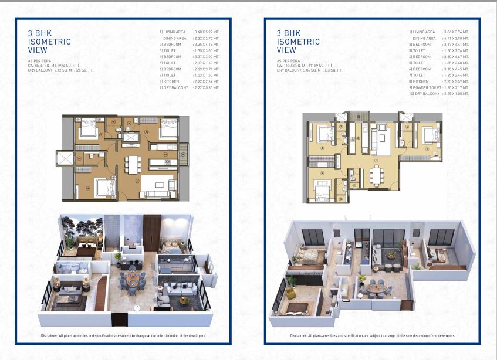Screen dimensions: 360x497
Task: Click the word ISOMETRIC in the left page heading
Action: (49, 42)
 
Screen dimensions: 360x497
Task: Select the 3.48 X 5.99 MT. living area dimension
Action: (205, 32)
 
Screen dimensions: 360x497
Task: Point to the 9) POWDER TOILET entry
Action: (427, 87)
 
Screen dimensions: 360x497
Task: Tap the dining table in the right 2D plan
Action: (376, 174)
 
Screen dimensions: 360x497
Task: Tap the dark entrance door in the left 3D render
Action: (119, 320)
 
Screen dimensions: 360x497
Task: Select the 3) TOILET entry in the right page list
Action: (421, 50)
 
